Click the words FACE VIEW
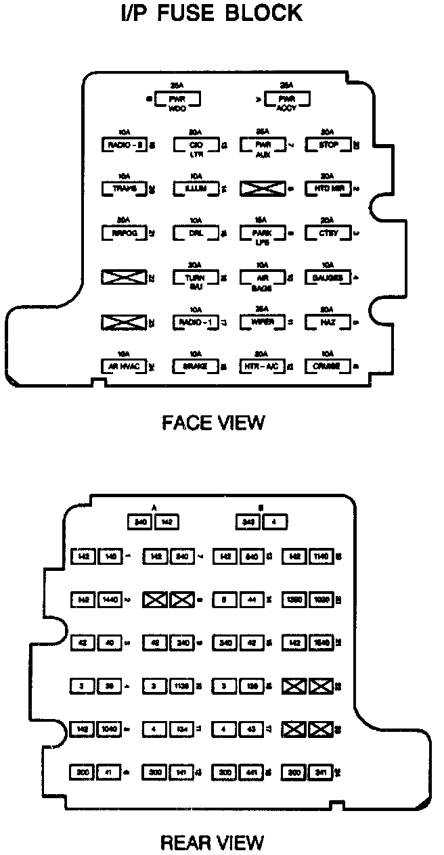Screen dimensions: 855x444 point(213,423)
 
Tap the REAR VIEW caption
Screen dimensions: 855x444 point(212,842)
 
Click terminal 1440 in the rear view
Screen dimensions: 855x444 point(110,599)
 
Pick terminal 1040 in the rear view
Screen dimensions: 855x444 point(110,729)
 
